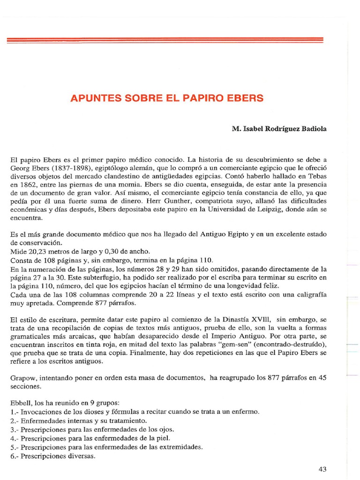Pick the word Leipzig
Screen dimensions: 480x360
coord(266,210)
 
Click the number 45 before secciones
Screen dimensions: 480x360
coord(321,378)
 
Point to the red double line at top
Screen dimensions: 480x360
coord(165,41)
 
